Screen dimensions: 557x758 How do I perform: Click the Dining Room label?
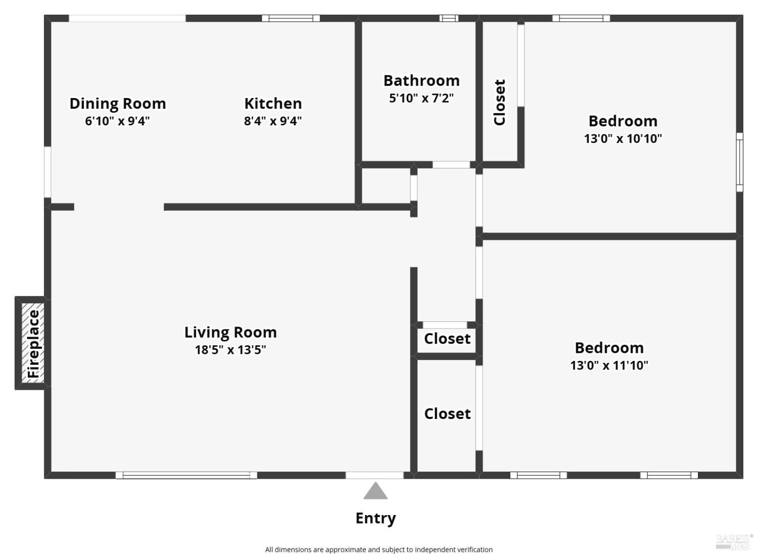[x=117, y=103]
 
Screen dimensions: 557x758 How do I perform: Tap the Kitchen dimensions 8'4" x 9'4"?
[x=273, y=121]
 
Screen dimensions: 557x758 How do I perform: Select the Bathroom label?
[x=421, y=80]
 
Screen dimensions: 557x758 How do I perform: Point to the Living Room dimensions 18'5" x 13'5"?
[x=230, y=349]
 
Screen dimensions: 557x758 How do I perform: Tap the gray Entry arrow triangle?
[x=375, y=491]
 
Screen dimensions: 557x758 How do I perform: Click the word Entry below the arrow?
[x=375, y=518]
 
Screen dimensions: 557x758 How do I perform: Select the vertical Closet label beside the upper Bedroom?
[x=499, y=102]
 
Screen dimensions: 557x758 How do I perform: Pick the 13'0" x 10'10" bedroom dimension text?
[x=623, y=138]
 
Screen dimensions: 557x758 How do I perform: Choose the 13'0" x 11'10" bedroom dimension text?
[x=609, y=365]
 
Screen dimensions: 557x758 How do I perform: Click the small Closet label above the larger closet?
[x=447, y=338]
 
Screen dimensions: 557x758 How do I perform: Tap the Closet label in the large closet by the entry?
[x=447, y=413]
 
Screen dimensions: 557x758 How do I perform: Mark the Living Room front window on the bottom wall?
[x=186, y=475]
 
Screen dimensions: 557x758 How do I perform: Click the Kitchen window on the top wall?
[x=291, y=18]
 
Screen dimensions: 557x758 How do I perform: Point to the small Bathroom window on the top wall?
[x=449, y=18]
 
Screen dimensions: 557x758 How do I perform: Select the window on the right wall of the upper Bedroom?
[x=739, y=162]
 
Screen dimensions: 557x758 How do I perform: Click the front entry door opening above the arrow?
[x=374, y=475]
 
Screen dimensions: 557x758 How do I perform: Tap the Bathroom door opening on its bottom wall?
[x=451, y=165]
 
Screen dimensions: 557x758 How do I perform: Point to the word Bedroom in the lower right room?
[x=609, y=348]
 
